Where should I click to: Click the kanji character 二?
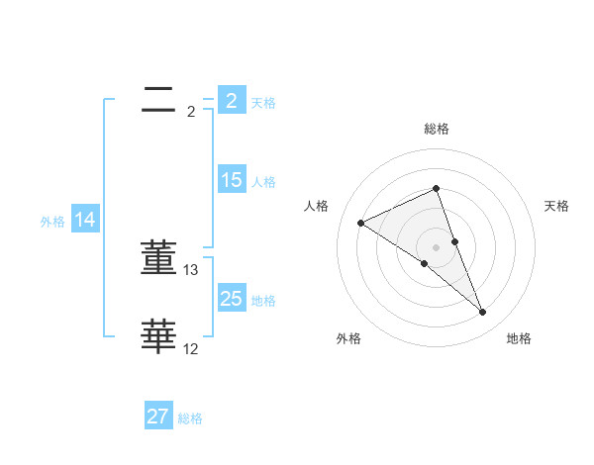click(158, 99)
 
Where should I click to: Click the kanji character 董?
click(158, 257)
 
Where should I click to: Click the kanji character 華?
click(158, 336)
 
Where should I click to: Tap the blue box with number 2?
click(231, 101)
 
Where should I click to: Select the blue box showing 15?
click(231, 180)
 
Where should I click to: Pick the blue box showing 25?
click(231, 299)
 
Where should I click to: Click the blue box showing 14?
click(85, 220)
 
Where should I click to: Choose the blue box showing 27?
click(158, 417)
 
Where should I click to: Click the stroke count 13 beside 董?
click(191, 270)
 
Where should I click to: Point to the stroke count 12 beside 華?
click(191, 349)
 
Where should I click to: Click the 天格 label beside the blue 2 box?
click(263, 102)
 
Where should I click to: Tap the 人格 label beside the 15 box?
click(263, 181)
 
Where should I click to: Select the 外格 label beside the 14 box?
click(52, 222)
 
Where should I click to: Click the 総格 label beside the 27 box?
click(190, 418)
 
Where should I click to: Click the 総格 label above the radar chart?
click(436, 129)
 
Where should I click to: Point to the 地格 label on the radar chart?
click(519, 338)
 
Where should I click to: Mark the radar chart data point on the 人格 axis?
click(361, 223)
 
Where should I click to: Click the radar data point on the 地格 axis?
click(482, 313)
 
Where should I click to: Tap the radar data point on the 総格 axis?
click(436, 188)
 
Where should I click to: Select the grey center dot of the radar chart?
click(436, 246)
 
